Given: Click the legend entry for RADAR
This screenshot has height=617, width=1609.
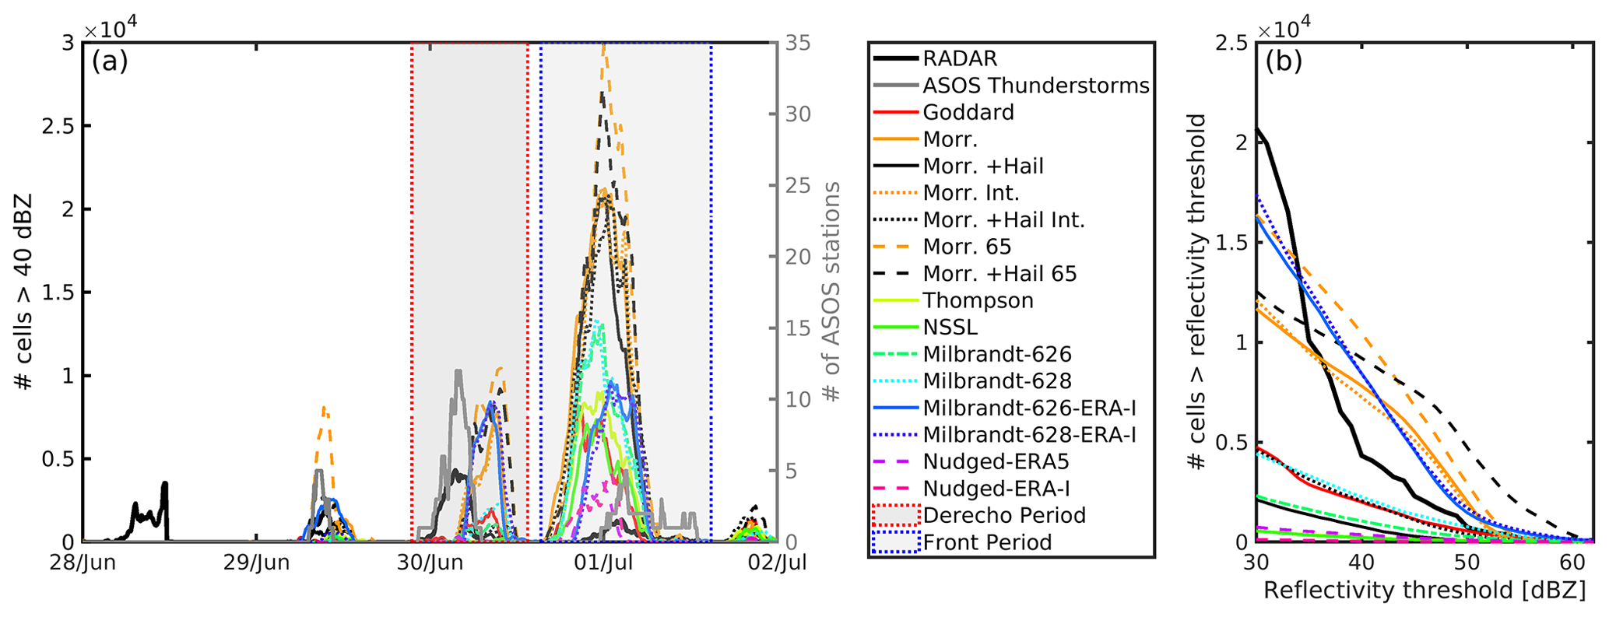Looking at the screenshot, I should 960,58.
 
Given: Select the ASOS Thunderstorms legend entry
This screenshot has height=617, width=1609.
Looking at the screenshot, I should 1035,86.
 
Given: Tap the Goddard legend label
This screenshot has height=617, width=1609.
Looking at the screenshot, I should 968,112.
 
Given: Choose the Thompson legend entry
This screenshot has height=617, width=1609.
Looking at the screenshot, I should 978,300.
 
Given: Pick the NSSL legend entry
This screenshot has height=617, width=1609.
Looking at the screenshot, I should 950,328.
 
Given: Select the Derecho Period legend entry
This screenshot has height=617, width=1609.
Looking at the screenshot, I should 1003,515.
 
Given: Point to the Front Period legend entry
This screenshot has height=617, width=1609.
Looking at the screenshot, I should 987,542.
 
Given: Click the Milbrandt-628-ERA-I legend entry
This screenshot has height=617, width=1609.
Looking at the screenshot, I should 1029,434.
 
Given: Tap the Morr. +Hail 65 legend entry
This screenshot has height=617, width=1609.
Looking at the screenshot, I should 999,274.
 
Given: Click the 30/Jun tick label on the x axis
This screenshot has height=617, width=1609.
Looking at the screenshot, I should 430,563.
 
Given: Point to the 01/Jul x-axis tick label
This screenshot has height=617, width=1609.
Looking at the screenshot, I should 603,563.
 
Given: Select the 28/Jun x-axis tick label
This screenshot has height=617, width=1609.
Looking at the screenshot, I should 83,563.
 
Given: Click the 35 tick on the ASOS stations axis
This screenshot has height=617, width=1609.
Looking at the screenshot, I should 797,43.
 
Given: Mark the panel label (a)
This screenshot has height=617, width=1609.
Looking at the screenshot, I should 110,61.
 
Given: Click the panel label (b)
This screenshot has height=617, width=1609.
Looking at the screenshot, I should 1284,61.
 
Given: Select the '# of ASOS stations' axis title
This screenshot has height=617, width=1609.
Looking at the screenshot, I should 831,292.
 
